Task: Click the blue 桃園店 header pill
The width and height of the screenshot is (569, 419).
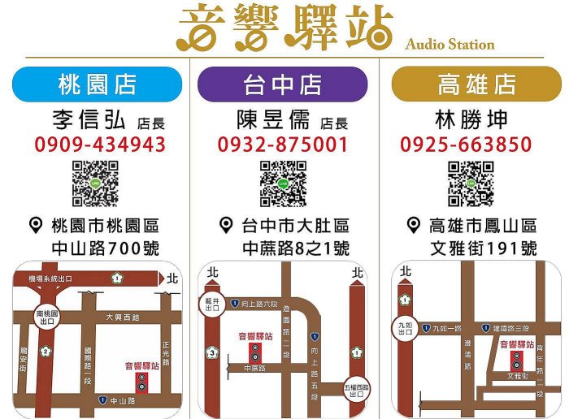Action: coord(97,84)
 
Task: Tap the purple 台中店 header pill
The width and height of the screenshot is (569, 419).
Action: coord(282,84)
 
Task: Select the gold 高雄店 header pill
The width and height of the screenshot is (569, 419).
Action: coord(476,84)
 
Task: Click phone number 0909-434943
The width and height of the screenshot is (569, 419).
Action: coord(100,145)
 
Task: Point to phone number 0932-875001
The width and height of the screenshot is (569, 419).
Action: coord(283,145)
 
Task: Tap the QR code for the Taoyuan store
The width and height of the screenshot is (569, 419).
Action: coord(95,184)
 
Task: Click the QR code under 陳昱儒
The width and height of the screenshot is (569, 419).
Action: coord(283,184)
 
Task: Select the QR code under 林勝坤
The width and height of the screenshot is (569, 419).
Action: coord(471,184)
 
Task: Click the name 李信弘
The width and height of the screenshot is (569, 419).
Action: coord(89,120)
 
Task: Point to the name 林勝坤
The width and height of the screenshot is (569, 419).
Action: coord(472,120)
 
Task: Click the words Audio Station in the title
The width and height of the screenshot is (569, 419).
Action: coord(450,44)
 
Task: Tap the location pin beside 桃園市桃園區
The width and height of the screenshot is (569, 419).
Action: coord(36,225)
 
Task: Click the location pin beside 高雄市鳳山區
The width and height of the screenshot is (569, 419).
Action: coord(413,225)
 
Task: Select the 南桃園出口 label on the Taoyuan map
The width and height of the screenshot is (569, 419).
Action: coord(46,316)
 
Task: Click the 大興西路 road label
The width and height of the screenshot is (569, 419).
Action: coord(122,317)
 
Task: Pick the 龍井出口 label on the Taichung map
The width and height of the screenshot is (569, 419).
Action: coord(212,304)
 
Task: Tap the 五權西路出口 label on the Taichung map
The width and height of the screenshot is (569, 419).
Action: coord(355,391)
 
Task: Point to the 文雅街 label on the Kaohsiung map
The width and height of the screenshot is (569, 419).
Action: coord(517,377)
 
